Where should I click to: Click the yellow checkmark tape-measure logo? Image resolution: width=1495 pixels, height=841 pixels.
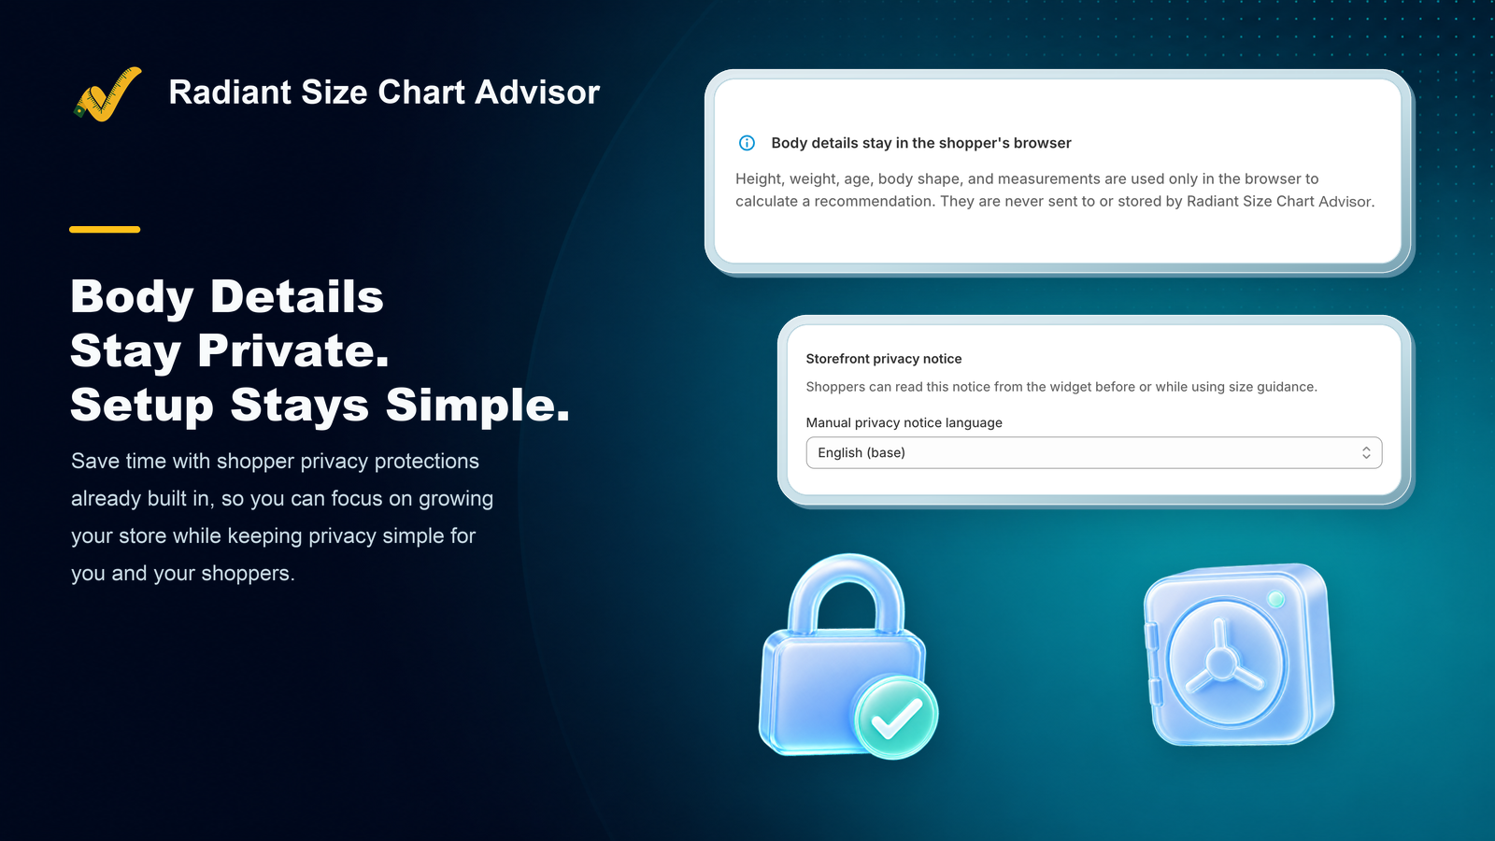(x=107, y=94)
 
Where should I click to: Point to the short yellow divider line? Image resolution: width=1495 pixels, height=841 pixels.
(x=105, y=230)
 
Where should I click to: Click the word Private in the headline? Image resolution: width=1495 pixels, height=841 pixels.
(x=293, y=350)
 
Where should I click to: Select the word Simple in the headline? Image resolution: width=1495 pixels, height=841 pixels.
(x=477, y=405)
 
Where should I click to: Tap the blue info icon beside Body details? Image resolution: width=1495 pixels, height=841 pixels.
(x=747, y=143)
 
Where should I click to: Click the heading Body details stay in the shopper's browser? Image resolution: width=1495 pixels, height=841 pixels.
(x=921, y=143)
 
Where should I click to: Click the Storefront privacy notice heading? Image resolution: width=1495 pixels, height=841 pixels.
(x=884, y=359)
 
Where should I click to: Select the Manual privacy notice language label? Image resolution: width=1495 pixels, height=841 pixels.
(x=904, y=422)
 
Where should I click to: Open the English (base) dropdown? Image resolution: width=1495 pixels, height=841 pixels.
(x=1094, y=452)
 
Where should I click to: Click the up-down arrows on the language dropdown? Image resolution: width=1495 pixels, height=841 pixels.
(x=1366, y=452)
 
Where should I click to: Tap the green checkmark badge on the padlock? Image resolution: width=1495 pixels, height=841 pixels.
(x=897, y=717)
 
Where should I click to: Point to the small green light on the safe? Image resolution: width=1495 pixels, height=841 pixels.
(x=1276, y=599)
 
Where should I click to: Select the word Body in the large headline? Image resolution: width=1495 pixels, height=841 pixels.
(x=132, y=297)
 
